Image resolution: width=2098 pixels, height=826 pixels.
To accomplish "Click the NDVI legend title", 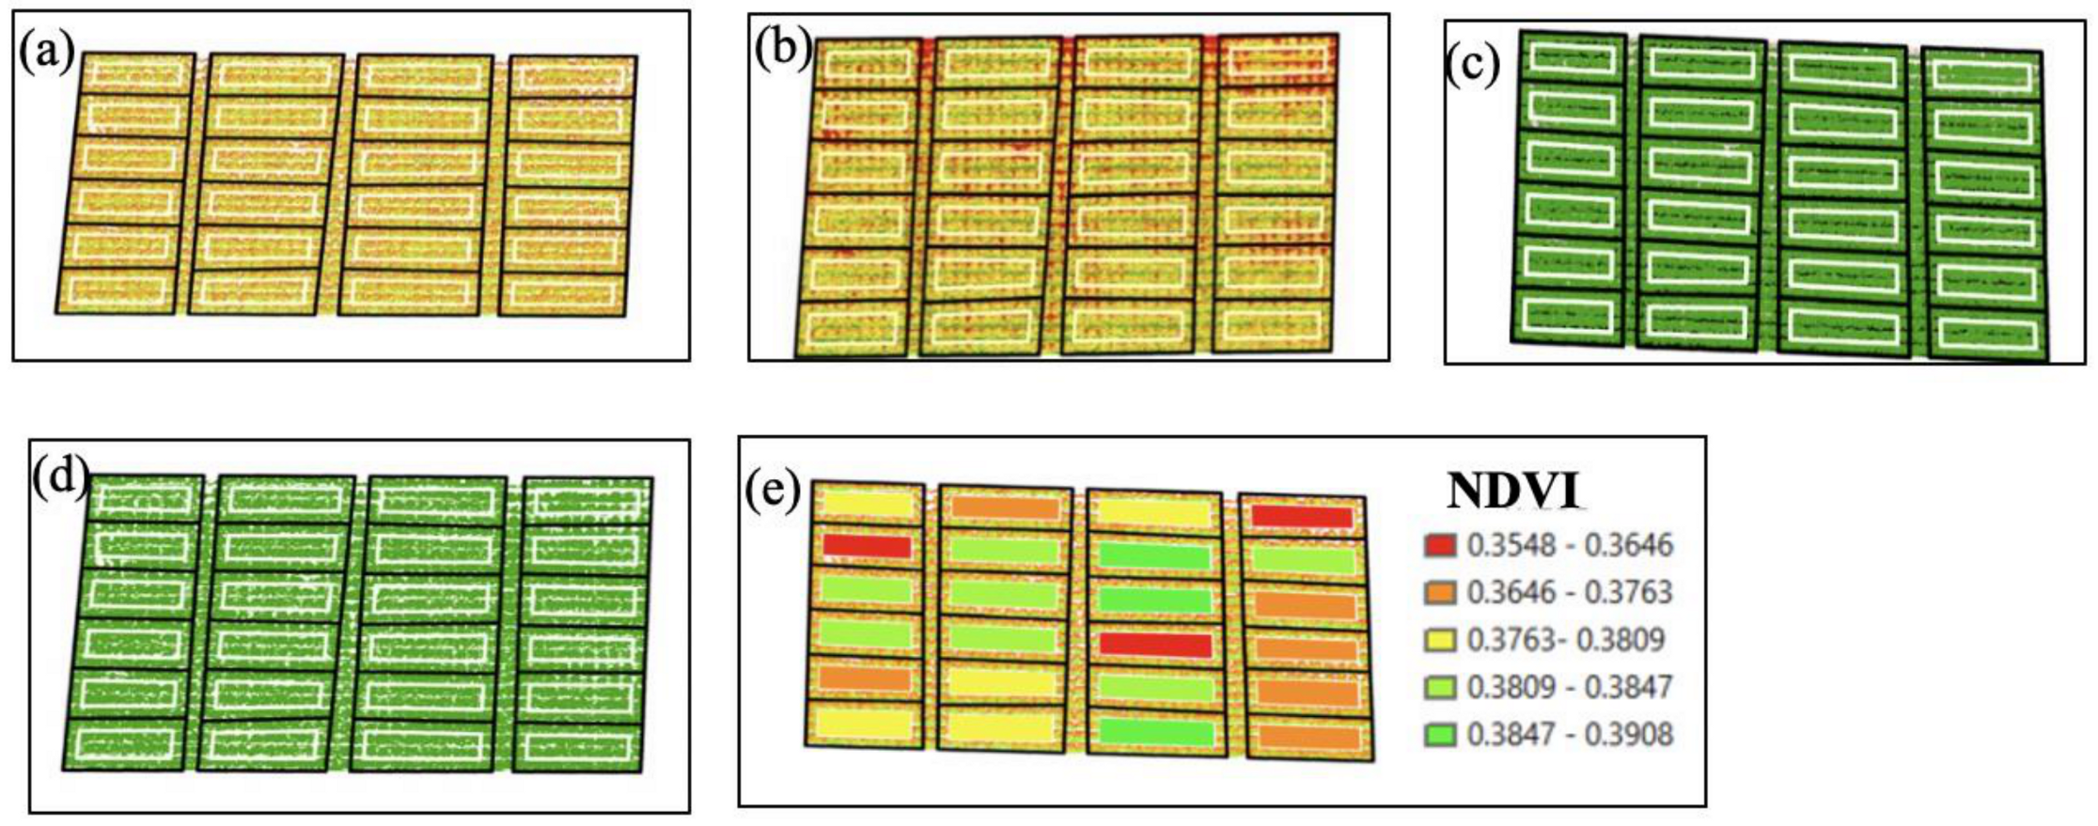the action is coord(1513,491).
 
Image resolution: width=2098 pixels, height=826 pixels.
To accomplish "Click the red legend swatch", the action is coord(1440,545).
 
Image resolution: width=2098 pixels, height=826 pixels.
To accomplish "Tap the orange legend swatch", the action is coord(1440,592).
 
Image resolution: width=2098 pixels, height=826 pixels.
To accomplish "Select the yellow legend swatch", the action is coord(1440,640).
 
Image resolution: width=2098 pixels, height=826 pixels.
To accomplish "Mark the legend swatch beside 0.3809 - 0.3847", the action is coord(1440,687).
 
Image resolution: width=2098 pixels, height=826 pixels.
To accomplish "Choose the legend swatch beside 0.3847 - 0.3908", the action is coord(1440,734).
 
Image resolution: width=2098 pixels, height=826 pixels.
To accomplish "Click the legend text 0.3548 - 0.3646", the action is coord(1570,545).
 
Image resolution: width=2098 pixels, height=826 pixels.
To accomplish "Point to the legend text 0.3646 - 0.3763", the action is coord(1570,592).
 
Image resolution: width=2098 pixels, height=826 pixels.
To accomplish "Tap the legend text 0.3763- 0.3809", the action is coord(1566,640).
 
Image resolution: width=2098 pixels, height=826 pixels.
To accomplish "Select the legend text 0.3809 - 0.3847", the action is coord(1570,687).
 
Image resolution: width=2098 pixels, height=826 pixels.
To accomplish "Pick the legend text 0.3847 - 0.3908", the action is coord(1570,734).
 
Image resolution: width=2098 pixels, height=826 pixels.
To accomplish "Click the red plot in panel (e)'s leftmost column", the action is coord(867,546).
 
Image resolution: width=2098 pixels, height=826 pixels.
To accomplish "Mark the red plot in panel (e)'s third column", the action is coord(1155,645).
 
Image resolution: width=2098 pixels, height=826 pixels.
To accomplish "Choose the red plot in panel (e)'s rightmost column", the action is coord(1302,516).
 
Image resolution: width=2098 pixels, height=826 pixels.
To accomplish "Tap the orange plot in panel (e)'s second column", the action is coord(1005,507).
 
